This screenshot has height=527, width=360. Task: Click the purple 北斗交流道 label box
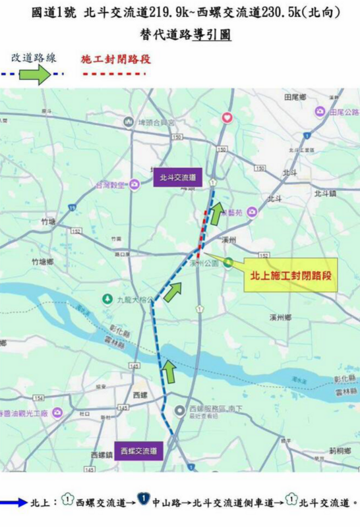coord(178,177)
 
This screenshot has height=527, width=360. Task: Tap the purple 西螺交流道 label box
coord(138,451)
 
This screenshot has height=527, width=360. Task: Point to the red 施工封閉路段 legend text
coord(115,59)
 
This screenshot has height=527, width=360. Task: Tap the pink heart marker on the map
coord(227,118)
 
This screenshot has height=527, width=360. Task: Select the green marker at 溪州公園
coord(227,262)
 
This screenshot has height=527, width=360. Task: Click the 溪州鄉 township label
coord(280,317)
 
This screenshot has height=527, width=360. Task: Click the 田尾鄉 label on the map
coord(295,97)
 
